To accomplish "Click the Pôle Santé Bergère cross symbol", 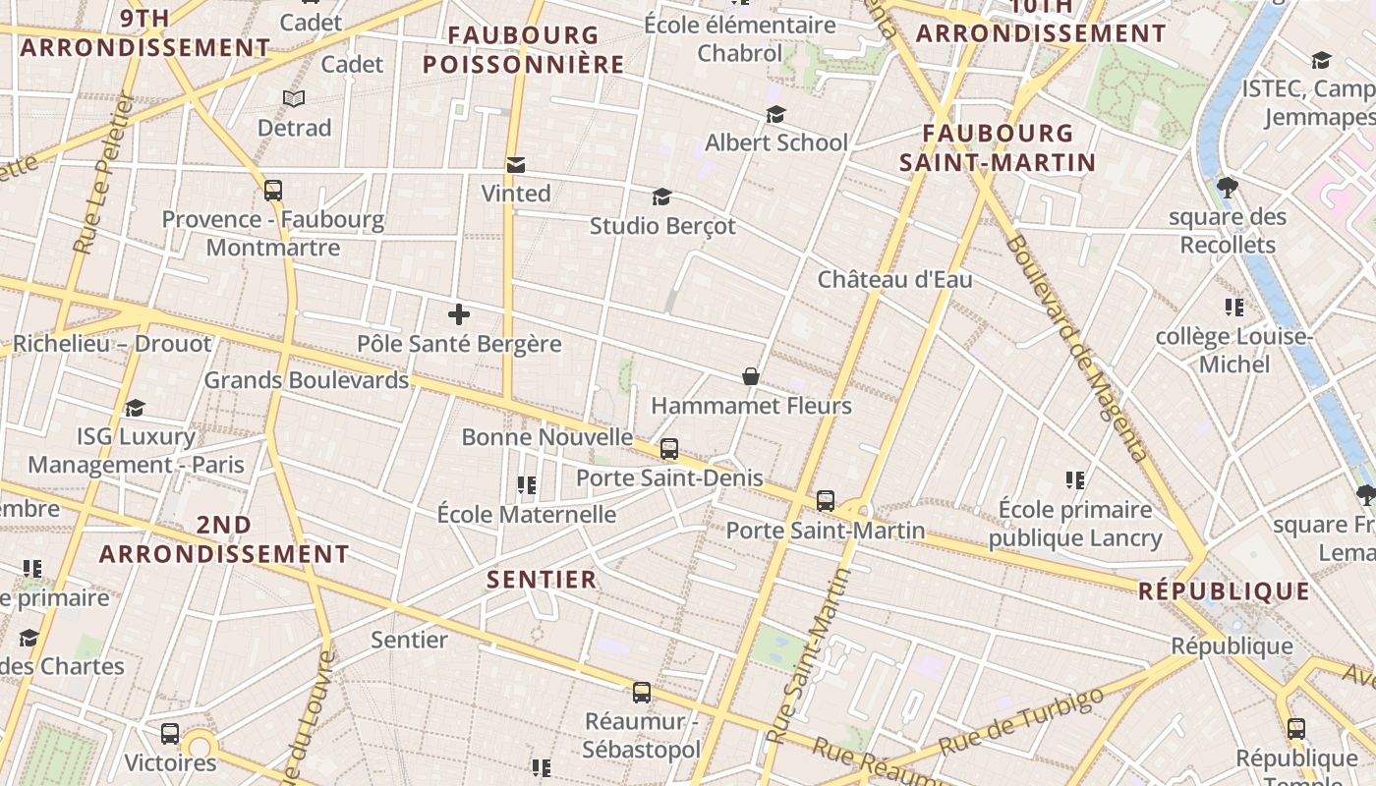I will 458,314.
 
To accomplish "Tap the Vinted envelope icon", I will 516,164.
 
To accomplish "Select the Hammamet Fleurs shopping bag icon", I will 751,376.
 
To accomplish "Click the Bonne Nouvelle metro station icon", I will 669,449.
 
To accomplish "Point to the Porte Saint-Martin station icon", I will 826,501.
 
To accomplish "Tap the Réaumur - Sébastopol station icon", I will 642,693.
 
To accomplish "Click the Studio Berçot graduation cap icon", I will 661,196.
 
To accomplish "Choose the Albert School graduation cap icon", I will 775,114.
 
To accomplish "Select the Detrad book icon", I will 294,98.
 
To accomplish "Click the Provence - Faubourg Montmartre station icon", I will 273,191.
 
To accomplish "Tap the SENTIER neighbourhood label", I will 542,580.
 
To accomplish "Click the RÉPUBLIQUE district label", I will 1224,591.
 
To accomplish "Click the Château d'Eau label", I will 895,280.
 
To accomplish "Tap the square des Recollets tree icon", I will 1227,187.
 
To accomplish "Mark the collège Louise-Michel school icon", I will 1234,308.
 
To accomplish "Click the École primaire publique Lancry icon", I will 1075,480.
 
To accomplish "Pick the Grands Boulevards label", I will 306,380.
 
